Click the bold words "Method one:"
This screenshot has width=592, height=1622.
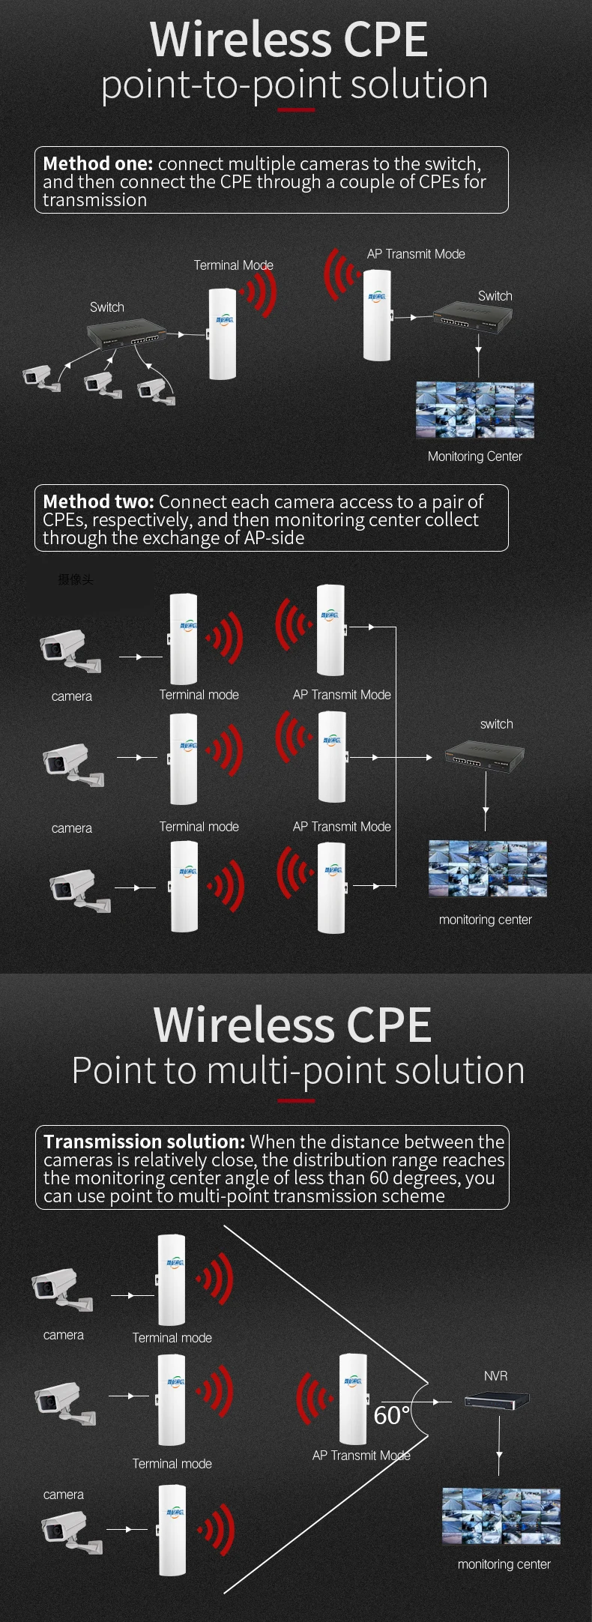(x=97, y=164)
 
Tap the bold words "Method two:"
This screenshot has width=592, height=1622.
(x=98, y=501)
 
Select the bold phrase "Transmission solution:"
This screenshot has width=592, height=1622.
(x=144, y=1142)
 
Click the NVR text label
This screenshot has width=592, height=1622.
(x=495, y=1376)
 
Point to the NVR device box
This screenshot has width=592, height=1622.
(x=497, y=1399)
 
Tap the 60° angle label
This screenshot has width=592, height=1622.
(x=391, y=1415)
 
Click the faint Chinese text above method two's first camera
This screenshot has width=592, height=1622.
(x=76, y=579)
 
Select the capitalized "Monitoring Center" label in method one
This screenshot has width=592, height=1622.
(x=474, y=456)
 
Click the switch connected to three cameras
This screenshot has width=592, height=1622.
(x=126, y=333)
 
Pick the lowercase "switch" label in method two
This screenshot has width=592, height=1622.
(x=496, y=724)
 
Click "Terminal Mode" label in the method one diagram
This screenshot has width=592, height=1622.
(x=233, y=265)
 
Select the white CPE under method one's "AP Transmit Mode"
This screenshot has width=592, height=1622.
(x=377, y=315)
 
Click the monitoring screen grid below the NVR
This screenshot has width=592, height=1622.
(x=501, y=1516)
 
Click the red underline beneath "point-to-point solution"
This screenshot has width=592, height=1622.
(x=296, y=110)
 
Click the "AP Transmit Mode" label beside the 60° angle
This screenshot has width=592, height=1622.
(x=361, y=1456)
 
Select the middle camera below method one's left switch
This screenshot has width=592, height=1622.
(x=102, y=385)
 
